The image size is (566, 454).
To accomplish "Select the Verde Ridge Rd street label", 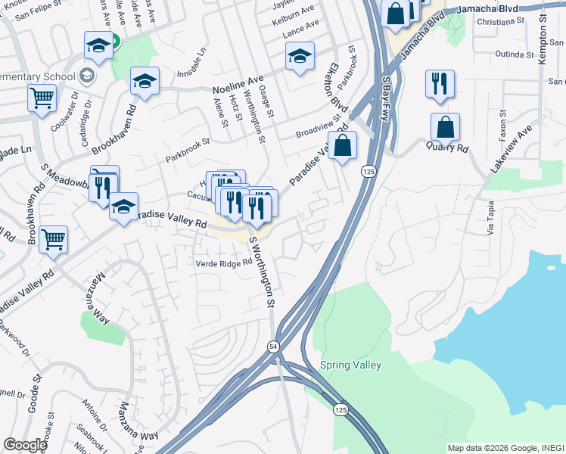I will pos(223,263).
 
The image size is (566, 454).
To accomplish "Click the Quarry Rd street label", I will pos(446,146).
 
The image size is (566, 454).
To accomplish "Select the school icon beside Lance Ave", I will pos(300,56).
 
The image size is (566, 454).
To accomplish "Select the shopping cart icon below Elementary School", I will pos(42,98).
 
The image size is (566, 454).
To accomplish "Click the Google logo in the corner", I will pos(25,445).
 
